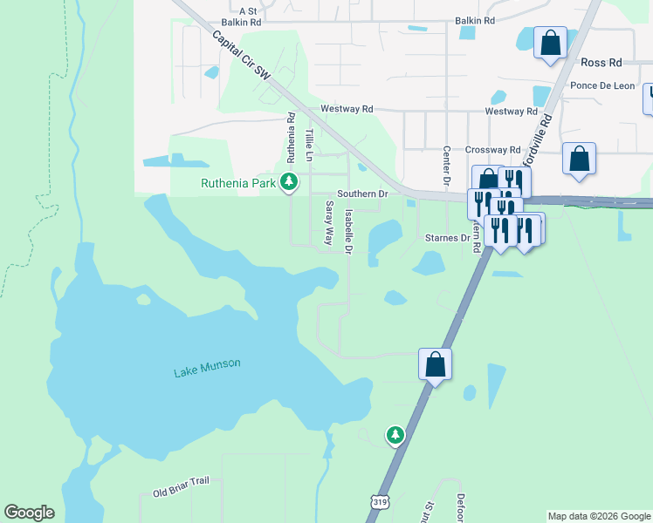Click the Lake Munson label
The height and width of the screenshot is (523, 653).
207,369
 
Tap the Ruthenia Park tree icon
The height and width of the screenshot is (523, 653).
289,183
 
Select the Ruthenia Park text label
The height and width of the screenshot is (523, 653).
238,183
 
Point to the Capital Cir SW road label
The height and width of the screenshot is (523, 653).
241,57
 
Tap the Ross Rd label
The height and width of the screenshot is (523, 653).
602,64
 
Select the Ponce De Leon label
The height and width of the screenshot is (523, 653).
602,85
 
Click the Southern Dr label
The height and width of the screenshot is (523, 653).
361,194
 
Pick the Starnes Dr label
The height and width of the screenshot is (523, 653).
448,237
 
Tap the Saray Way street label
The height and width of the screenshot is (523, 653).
329,223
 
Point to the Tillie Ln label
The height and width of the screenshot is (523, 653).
309,145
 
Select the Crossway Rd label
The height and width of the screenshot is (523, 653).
492,150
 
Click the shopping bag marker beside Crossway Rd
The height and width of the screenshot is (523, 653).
579,159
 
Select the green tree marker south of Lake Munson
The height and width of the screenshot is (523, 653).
395,434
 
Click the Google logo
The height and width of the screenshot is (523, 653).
29,513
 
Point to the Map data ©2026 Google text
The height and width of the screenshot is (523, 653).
599,516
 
